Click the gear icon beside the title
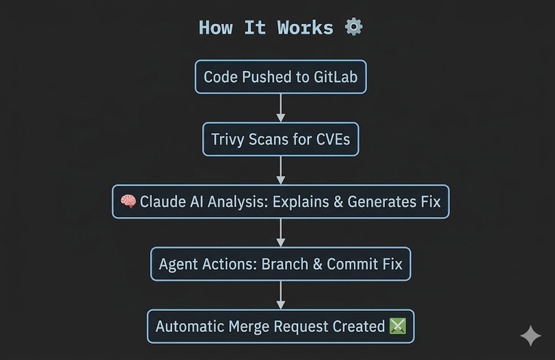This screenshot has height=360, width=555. coord(353,27)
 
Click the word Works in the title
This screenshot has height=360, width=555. coord(305,28)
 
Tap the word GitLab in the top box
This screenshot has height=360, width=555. coord(336,77)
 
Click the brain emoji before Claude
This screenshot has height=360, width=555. coord(128,202)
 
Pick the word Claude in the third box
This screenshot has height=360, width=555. coord(161,202)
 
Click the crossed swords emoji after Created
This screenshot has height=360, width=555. coord(398,326)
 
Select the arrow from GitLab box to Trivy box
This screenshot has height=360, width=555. coord(280,108)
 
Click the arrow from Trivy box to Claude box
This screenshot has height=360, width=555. coord(280,170)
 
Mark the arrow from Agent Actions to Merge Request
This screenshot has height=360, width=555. coord(280,295)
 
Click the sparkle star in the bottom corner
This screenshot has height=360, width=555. coord(530,336)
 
